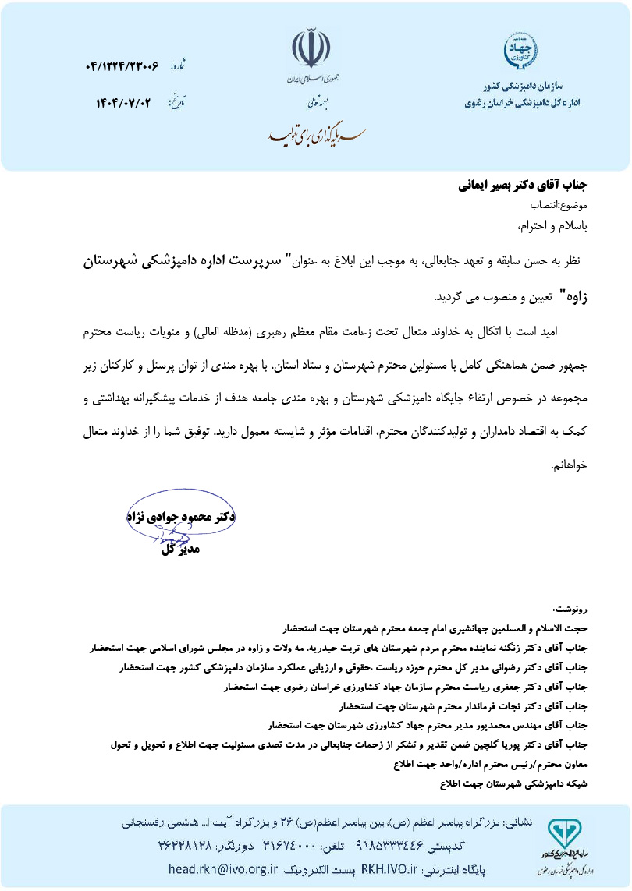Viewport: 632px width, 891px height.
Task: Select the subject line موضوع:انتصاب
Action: pos(559,207)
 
